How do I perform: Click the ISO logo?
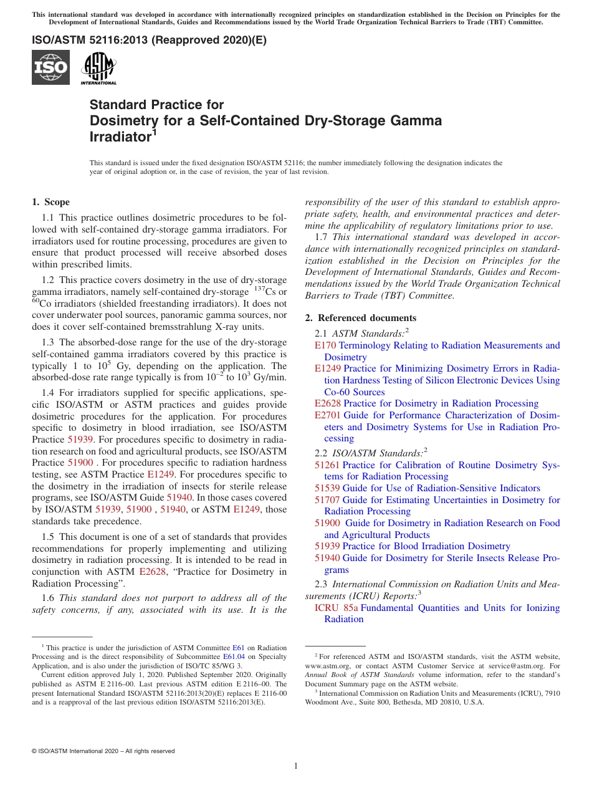point(50,67)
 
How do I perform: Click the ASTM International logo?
point(98,67)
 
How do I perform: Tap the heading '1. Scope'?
point(50,202)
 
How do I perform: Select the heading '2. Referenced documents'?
point(360,318)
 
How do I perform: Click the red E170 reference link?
point(325,345)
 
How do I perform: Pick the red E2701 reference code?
point(327,415)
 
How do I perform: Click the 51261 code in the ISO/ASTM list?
point(327,465)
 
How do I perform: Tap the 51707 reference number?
point(327,500)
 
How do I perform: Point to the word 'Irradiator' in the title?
point(119,137)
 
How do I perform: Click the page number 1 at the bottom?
point(296,766)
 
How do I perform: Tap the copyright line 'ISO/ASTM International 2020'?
point(103,751)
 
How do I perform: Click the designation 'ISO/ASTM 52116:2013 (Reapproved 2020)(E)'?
point(149,41)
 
